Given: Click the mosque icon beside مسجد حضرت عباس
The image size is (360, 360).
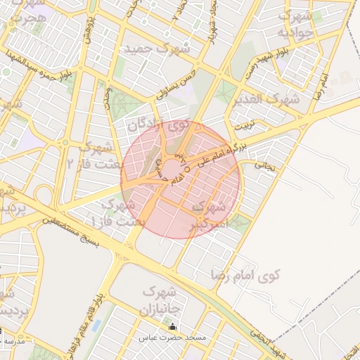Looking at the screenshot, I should (173, 327).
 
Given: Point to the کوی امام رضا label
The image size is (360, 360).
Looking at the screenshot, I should (245, 273).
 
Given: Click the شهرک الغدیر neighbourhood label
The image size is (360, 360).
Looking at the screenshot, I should (269, 99).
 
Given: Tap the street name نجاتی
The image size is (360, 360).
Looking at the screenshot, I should (263, 167).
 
